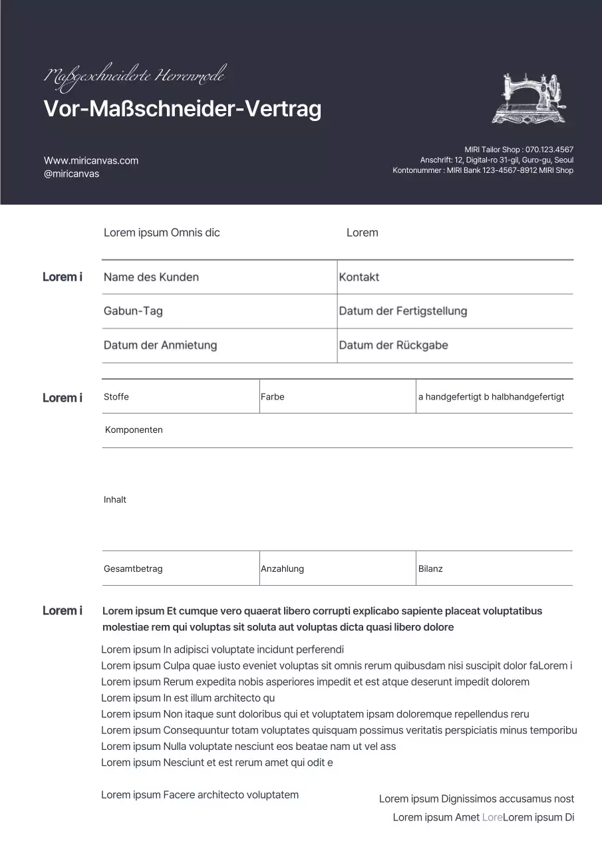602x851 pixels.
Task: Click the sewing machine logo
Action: click(x=529, y=98)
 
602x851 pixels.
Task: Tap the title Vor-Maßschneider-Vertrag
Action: click(x=182, y=109)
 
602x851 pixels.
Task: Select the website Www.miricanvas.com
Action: click(x=91, y=161)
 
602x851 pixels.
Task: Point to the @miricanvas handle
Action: click(x=71, y=174)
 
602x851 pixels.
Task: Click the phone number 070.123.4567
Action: click(x=549, y=150)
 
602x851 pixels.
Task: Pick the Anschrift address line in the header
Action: click(x=496, y=160)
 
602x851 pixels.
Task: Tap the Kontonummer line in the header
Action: click(x=482, y=170)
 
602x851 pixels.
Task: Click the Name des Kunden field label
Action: click(x=151, y=277)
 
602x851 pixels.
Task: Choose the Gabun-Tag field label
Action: click(x=133, y=311)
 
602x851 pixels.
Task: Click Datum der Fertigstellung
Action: click(x=403, y=311)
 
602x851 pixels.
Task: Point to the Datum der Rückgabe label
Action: click(x=393, y=345)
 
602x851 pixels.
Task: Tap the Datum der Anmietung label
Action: click(x=160, y=345)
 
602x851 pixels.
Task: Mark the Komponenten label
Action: click(x=134, y=430)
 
